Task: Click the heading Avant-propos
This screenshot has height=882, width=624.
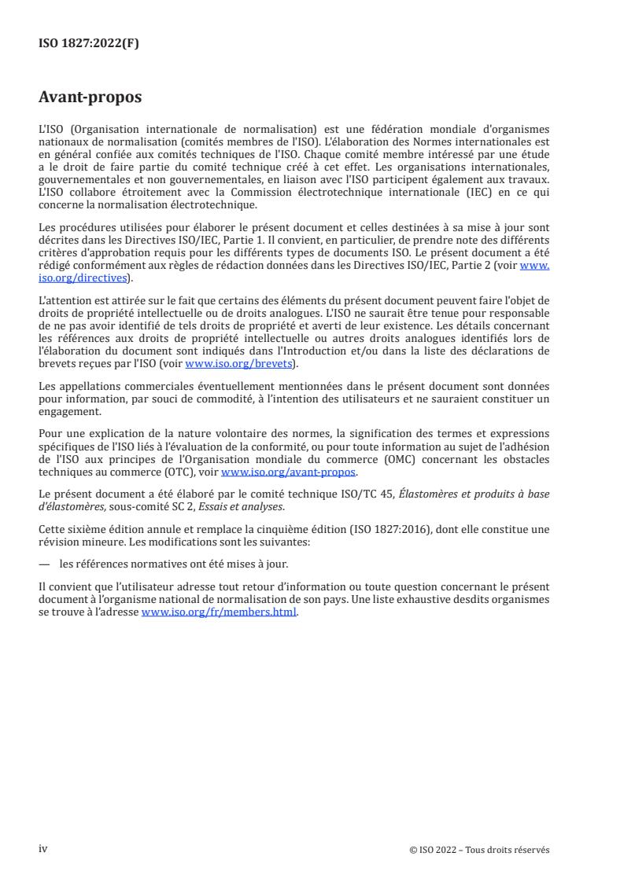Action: (90, 98)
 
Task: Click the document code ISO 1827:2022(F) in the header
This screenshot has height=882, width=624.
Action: (89, 44)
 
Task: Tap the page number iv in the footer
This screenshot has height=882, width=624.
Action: (43, 849)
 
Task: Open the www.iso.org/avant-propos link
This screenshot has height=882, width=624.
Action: (289, 472)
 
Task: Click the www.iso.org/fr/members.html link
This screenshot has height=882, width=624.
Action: (219, 612)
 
